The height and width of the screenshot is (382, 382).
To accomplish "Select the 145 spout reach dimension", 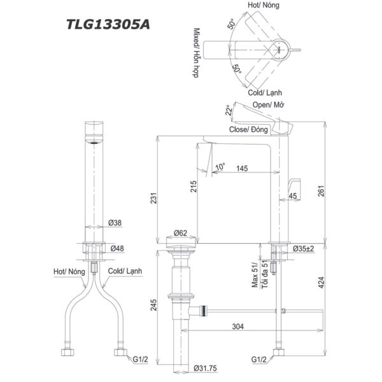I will (241, 168).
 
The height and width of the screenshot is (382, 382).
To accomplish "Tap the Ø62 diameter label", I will (181, 233).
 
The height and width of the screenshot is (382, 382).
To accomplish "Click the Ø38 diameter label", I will (116, 223).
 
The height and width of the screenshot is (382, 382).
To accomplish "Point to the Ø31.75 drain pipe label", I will (203, 367).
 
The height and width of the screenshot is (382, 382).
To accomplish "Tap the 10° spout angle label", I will (220, 167).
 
